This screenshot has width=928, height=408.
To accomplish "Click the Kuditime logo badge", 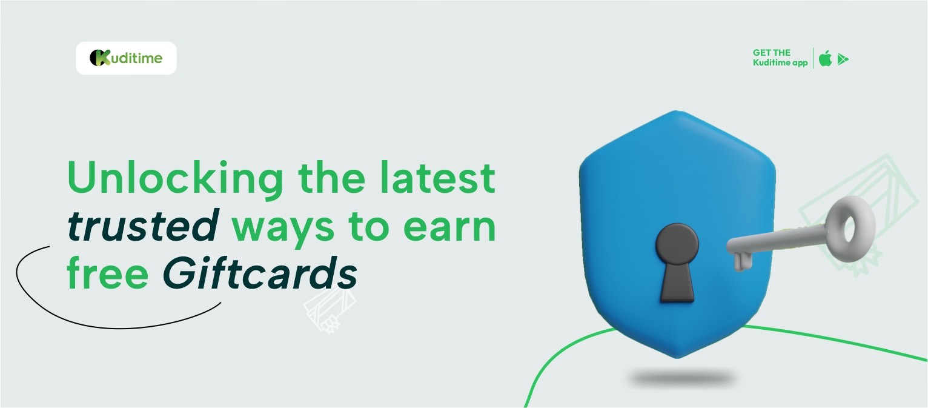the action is (x=126, y=58).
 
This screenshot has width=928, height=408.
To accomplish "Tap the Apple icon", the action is (x=825, y=58).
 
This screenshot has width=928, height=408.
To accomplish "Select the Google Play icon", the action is (x=843, y=59).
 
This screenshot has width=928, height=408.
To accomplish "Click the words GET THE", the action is (x=771, y=53).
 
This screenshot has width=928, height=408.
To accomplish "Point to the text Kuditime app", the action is (x=780, y=62).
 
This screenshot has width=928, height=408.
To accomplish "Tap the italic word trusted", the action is (x=143, y=226).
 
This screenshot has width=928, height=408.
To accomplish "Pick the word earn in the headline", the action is (x=449, y=229).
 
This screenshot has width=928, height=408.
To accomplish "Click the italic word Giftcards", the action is (x=260, y=273).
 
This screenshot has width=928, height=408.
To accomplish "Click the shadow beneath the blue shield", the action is (x=681, y=378).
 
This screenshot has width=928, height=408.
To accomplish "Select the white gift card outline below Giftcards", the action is (x=330, y=310).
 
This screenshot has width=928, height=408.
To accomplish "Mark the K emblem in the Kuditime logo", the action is (x=99, y=58).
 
